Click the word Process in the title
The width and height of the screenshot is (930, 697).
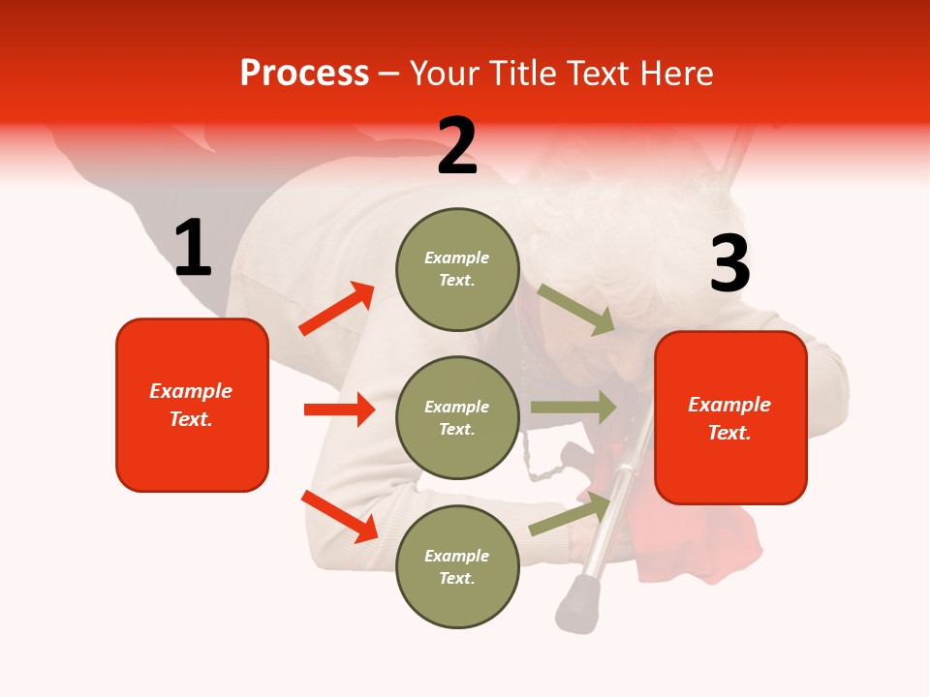304,73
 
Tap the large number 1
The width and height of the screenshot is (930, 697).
193,249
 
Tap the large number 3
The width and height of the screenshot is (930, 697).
729,264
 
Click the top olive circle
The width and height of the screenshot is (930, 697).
457,269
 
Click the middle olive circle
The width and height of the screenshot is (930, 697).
457,417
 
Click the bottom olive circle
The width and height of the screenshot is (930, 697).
457,566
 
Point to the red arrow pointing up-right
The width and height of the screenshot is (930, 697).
337,309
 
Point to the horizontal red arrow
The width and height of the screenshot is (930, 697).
339,409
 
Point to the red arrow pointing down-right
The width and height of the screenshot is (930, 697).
339,516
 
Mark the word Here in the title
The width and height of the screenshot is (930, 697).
678,73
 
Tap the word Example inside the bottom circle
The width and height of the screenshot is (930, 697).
456,556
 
